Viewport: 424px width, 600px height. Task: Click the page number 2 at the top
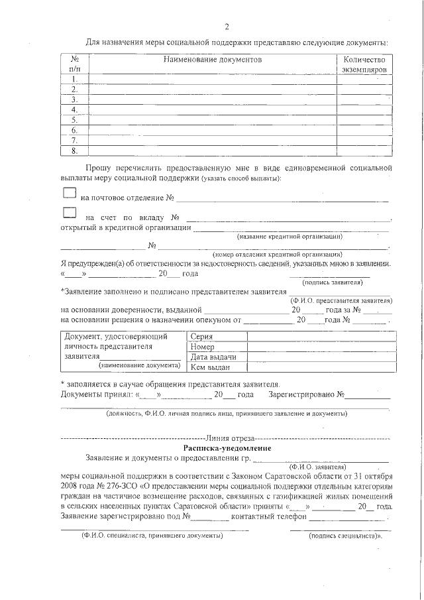227,27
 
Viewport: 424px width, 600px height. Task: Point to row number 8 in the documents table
74,150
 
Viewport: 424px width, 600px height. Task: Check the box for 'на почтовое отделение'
70,193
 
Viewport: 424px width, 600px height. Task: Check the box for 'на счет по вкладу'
70,213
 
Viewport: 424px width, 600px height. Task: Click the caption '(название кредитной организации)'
290,237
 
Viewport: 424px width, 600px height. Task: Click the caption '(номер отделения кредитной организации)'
277,255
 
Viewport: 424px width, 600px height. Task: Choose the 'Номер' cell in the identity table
202,347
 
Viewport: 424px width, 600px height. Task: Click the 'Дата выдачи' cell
209,357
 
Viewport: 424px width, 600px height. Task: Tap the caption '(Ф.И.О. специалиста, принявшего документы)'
152,535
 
